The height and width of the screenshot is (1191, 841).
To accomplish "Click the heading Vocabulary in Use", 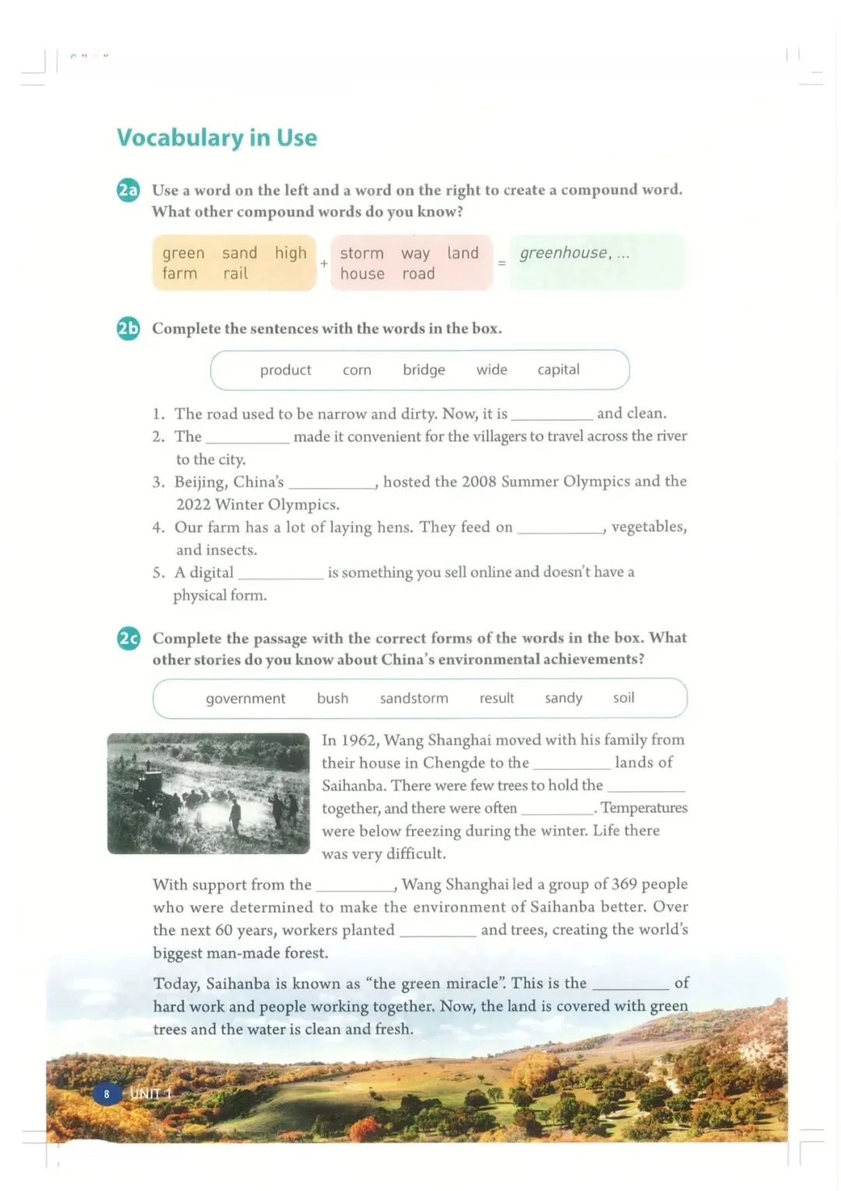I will [216, 138].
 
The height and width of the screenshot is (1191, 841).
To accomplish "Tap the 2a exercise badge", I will [128, 190].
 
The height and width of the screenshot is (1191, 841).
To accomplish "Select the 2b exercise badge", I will [128, 329].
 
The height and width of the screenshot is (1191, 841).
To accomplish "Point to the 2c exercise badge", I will [128, 639].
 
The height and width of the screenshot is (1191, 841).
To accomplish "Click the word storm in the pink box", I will [361, 253].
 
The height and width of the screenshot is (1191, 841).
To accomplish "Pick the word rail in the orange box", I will [235, 274].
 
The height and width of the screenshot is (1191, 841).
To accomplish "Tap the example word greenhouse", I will [564, 253].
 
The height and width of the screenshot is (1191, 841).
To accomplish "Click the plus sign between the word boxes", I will [324, 263].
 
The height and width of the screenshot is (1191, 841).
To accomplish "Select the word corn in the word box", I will [357, 370].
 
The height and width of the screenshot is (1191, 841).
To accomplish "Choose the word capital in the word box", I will [558, 369].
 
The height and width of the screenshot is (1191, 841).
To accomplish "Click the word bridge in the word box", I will [424, 369].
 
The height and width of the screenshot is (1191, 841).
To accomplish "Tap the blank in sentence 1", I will [551, 415].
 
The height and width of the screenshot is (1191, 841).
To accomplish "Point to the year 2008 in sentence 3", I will [479, 482].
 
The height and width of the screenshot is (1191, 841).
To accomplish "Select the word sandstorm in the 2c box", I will [413, 698].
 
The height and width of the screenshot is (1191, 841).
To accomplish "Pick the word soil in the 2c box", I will [623, 698].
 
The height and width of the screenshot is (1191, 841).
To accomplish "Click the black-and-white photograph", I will [208, 793].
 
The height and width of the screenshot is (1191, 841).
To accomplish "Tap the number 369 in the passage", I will [624, 884].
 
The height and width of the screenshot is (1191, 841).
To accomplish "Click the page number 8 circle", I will [107, 1094].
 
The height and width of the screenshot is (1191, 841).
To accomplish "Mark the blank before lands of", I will [572, 765].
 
